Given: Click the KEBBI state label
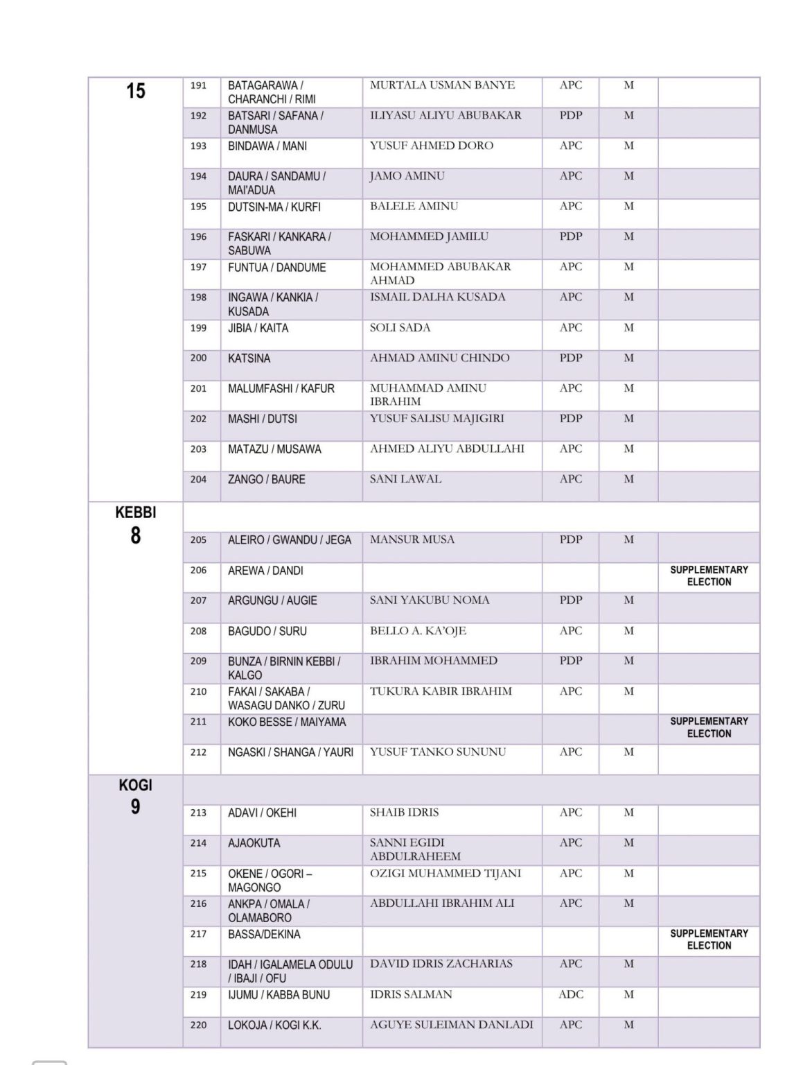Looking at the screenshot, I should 135,513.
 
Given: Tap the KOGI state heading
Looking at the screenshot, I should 135,786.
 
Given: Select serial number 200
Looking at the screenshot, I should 198,358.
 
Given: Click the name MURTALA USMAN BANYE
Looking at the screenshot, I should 442,85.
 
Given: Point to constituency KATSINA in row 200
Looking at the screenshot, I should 249,358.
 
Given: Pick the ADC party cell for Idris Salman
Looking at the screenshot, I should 571,994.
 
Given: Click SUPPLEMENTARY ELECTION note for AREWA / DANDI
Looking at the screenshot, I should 709,576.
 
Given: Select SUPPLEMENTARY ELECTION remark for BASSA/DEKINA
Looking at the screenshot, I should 709,940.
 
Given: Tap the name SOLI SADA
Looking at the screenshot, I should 400,327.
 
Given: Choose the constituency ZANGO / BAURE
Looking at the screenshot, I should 267,479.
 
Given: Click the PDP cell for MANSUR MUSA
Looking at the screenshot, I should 571,539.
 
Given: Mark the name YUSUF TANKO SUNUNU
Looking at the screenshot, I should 438,752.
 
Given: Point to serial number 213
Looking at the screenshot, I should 198,813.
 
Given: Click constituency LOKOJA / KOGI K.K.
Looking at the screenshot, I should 274,1025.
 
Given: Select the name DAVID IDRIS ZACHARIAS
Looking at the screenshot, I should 441,964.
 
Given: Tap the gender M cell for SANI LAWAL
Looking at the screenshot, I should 628,479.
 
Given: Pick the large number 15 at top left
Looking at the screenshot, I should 136,91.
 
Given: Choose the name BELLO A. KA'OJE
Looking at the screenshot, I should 418,631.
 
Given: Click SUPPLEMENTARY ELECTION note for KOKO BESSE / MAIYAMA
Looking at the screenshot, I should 709,727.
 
